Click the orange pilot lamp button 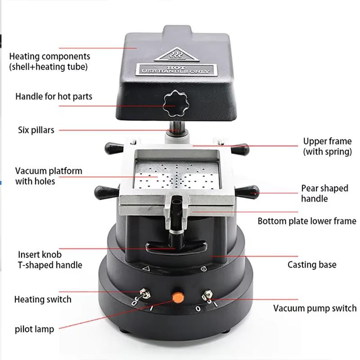[x=178, y=297]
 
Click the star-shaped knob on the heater [x=174, y=102]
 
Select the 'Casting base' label [x=312, y=264]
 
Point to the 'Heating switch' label [x=43, y=299]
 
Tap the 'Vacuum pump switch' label [x=315, y=308]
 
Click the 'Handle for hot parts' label [x=54, y=97]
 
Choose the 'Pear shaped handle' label [x=324, y=193]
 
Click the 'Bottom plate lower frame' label [x=306, y=221]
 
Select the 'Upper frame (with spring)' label [x=327, y=147]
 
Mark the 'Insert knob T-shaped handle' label [x=50, y=260]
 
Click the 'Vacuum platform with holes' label [x=49, y=176]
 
